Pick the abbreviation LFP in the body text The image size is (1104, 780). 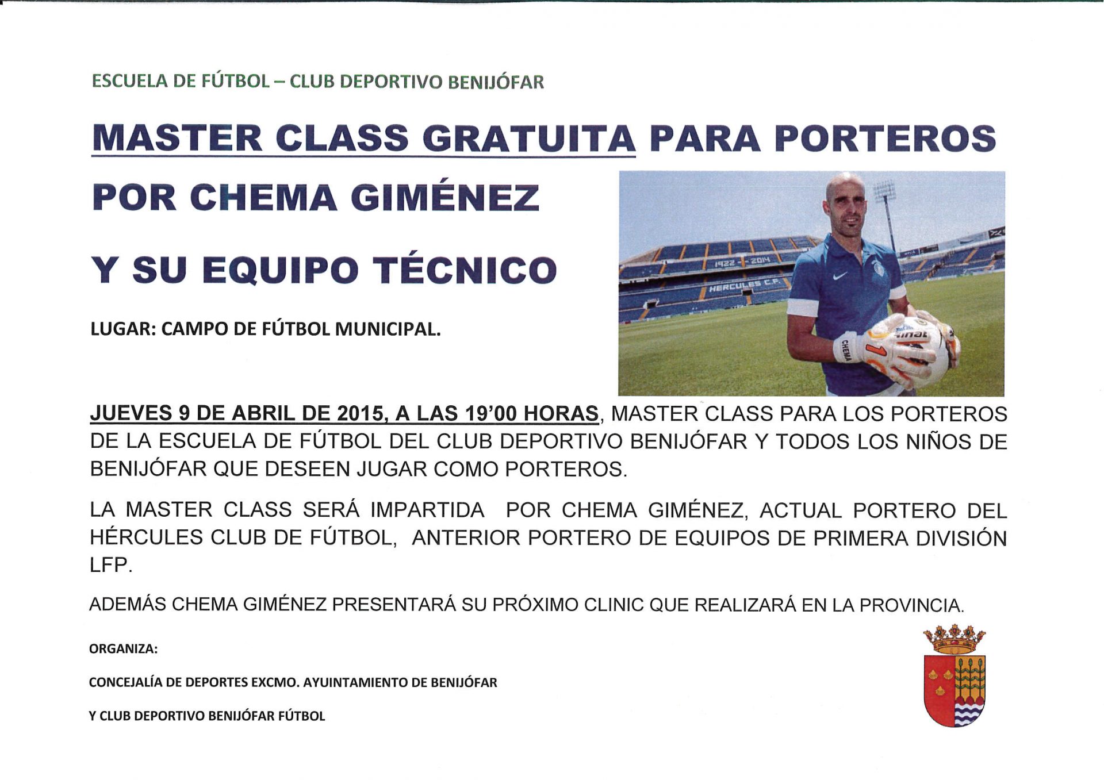pos(110,565)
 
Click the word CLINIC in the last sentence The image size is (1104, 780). pos(614,605)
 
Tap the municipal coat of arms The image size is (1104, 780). pos(954,675)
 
